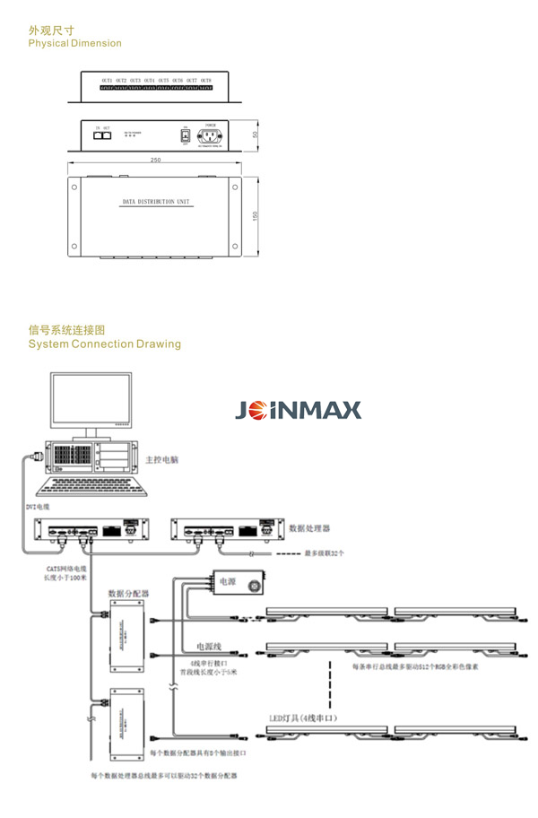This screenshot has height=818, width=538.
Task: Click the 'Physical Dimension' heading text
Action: pyautogui.click(x=74, y=43)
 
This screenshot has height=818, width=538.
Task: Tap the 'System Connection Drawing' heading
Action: pyautogui.click(x=104, y=344)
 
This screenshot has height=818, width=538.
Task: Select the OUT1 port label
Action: pyautogui.click(x=107, y=81)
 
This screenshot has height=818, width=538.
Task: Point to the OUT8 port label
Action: pyautogui.click(x=205, y=81)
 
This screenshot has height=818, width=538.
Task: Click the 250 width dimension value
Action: pyautogui.click(x=155, y=161)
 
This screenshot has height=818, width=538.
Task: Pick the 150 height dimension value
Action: pyautogui.click(x=255, y=216)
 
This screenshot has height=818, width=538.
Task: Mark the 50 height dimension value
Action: pyautogui.click(x=255, y=135)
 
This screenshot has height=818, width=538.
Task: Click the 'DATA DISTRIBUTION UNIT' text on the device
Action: pyautogui.click(x=157, y=203)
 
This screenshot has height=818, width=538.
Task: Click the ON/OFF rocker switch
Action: pyautogui.click(x=184, y=136)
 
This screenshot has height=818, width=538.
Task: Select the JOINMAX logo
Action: pyautogui.click(x=298, y=411)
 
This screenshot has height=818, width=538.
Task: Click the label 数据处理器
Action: pyautogui.click(x=309, y=527)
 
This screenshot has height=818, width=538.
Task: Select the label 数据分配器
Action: pyautogui.click(x=128, y=593)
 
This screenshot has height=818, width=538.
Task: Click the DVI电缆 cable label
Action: pyautogui.click(x=38, y=507)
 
